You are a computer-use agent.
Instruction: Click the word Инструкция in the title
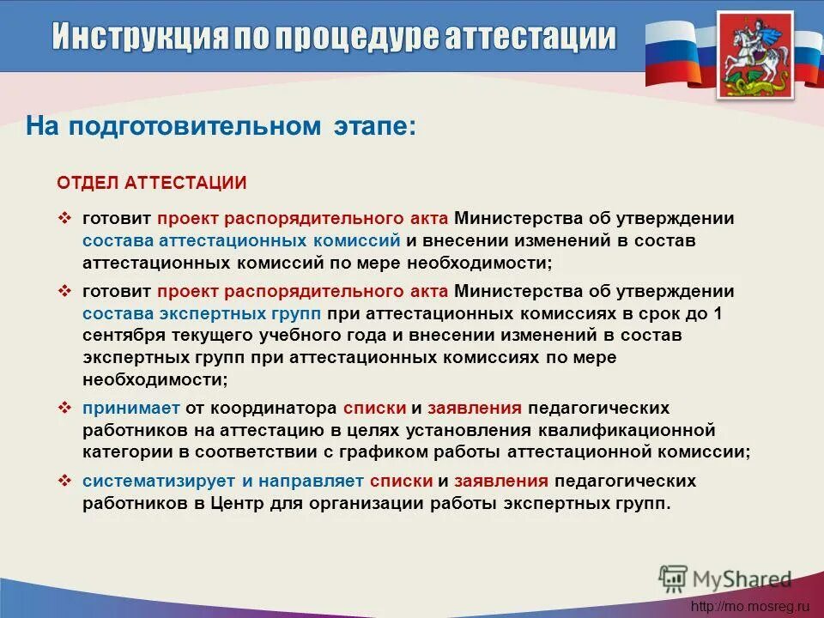pyautogui.click(x=139, y=37)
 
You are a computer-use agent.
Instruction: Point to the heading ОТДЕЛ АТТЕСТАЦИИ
pyautogui.click(x=152, y=183)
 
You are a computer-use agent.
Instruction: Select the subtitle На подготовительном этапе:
pyautogui.click(x=221, y=127)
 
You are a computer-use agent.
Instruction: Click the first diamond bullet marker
pyautogui.click(x=64, y=218)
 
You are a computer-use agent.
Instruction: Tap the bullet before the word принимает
pyautogui.click(x=64, y=407)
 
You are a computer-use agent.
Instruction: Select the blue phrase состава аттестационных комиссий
pyautogui.click(x=242, y=239)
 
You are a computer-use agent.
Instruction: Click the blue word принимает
pyautogui.click(x=125, y=407)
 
